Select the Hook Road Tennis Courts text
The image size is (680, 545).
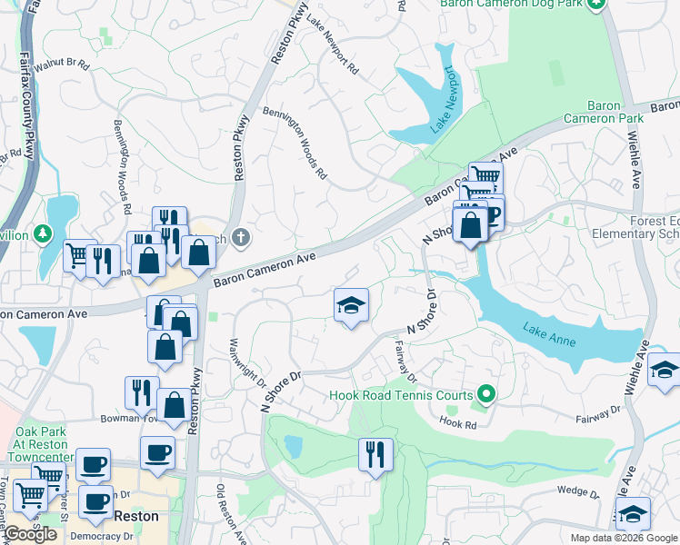pos(401,395)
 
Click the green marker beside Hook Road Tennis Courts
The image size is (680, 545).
pos(485,394)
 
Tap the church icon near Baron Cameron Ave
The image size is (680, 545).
pos(238,236)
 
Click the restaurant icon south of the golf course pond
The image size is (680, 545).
pos(375,453)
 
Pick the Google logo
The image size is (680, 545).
pos(31,534)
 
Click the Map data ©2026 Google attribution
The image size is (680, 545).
pos(624,538)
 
